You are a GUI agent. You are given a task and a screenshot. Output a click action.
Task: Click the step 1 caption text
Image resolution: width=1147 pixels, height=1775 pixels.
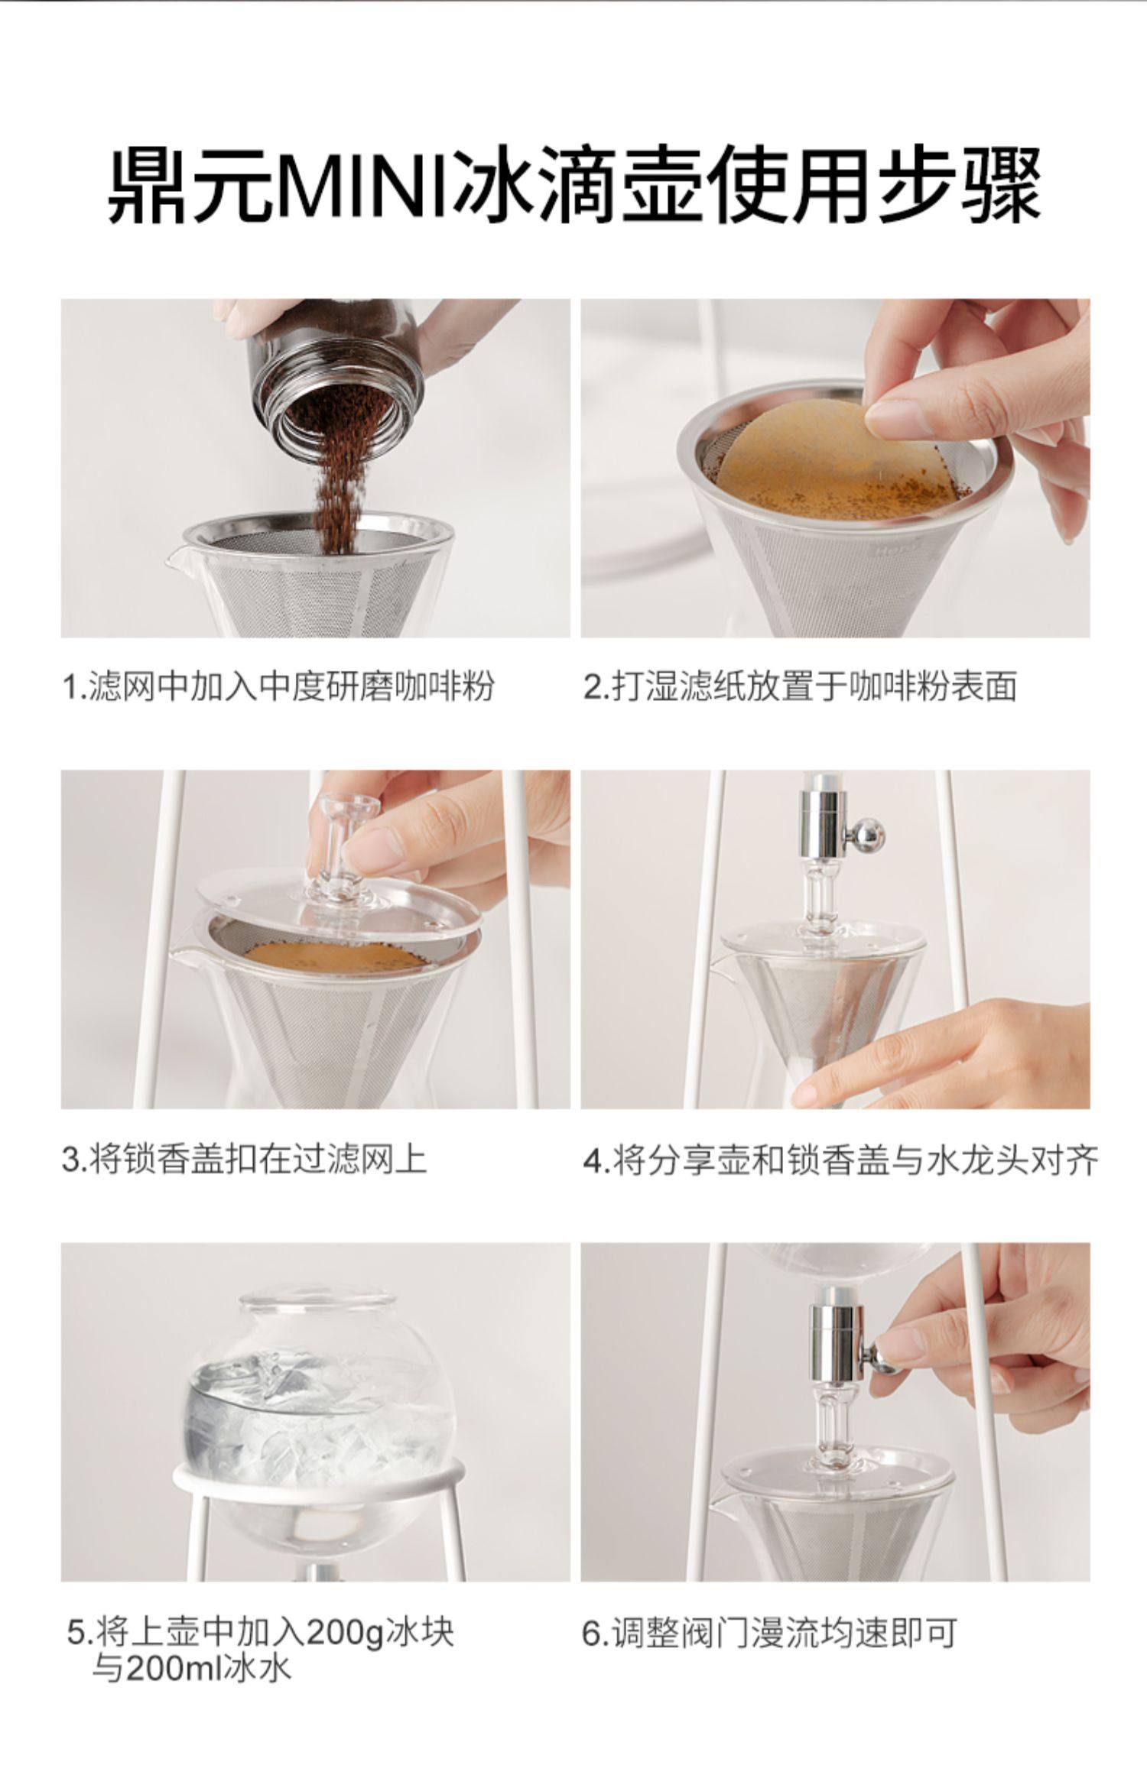277,686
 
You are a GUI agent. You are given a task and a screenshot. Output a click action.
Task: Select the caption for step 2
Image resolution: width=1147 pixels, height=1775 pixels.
800,686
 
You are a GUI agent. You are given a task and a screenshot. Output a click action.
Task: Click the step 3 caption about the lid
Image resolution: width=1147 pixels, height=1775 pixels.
243,1159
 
